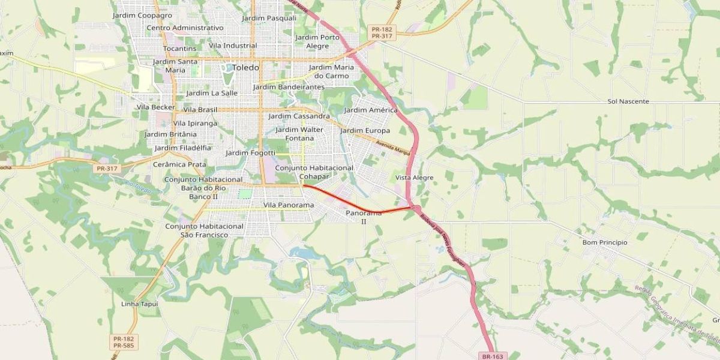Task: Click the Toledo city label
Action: (245, 68)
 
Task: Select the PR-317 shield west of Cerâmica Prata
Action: (107, 169)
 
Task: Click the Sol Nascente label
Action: (628, 101)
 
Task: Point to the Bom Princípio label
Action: (605, 242)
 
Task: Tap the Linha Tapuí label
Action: (139, 304)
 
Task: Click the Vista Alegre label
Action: (414, 178)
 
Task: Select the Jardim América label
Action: (371, 110)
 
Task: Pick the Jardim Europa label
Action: (365, 130)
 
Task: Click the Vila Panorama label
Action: (289, 205)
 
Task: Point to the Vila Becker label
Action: (156, 107)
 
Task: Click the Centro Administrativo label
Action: (185, 28)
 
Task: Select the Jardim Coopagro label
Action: (142, 15)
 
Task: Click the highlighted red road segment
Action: (354, 205)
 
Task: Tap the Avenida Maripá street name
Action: (393, 147)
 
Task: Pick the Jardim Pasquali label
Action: (269, 18)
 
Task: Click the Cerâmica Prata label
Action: (179, 164)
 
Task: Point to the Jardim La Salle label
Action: (212, 93)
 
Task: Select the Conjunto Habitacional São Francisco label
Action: (204, 230)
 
